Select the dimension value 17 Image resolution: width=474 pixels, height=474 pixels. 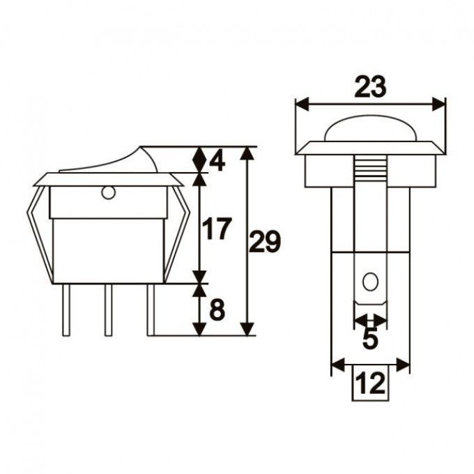point(217,229)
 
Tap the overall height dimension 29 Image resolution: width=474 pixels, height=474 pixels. point(265,243)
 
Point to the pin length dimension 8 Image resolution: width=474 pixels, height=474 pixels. point(217,309)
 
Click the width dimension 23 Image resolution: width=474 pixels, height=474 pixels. point(370,87)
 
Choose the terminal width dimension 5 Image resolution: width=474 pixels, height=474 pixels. point(370,339)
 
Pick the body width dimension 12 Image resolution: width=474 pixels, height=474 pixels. point(370,383)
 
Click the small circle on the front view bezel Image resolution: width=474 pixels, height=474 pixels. point(107,193)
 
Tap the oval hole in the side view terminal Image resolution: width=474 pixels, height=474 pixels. point(370,283)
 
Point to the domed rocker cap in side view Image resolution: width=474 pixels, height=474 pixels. point(370,130)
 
